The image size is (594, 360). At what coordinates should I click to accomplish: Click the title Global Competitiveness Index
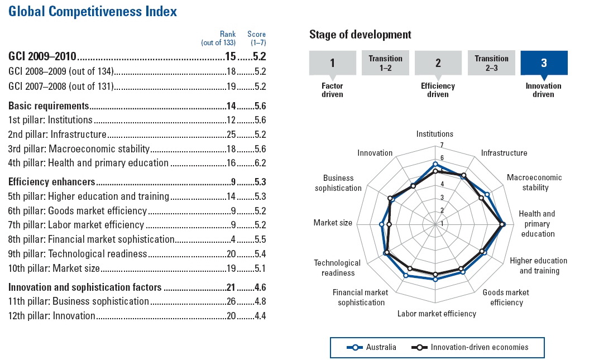(93, 11)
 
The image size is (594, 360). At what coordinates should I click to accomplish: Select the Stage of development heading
(360, 35)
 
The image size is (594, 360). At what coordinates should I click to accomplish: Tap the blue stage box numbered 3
(544, 63)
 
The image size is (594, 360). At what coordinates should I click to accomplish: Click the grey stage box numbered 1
(332, 63)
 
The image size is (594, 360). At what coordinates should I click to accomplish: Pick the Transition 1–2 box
(385, 63)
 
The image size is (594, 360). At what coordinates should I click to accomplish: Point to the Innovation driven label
(543, 90)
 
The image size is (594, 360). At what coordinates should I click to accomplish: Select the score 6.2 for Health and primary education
(260, 163)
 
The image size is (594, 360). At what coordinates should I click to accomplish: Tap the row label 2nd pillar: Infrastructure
(58, 135)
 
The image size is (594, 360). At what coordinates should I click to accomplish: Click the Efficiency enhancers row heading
(51, 181)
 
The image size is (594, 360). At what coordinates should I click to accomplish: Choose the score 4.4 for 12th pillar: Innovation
(260, 316)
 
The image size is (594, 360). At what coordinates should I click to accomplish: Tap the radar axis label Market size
(333, 223)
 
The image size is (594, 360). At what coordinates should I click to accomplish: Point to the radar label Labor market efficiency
(437, 314)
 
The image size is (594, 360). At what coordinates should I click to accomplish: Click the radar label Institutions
(435, 134)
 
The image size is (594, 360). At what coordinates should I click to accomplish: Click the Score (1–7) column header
(257, 39)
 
